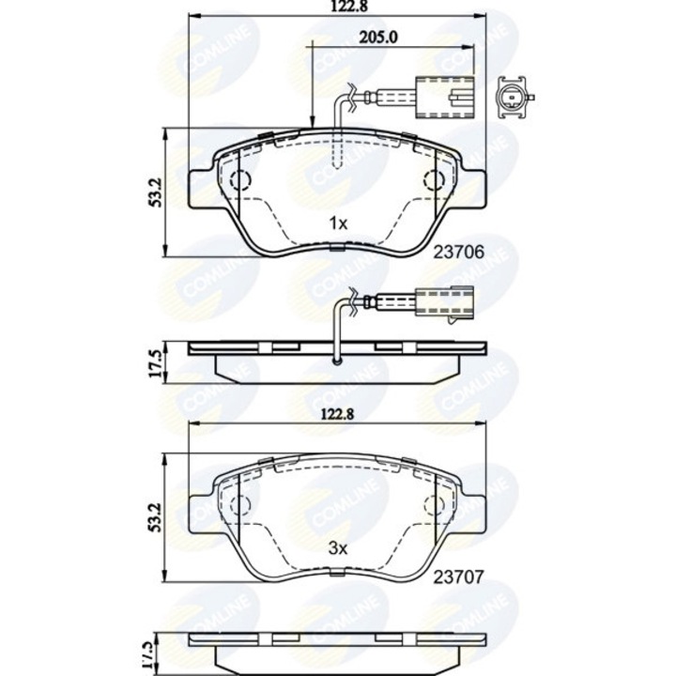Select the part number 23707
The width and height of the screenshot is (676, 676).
coord(459,579)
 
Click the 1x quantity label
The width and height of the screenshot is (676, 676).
coord(338,223)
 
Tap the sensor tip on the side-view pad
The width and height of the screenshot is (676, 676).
coord(338,358)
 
